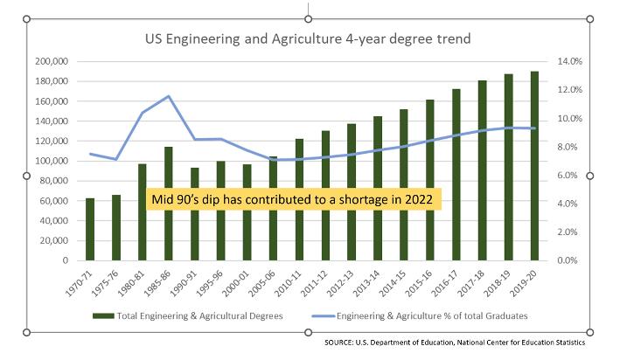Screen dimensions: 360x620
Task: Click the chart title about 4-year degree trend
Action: pos(308,39)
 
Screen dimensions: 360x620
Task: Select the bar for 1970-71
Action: pos(89,229)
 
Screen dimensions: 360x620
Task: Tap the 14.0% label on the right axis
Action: pos(569,62)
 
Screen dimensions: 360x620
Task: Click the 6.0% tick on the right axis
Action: pos(569,176)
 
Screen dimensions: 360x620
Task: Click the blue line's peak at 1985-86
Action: pos(169,96)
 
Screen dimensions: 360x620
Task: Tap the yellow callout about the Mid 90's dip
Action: pos(295,198)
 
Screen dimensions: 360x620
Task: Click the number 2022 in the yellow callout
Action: pos(419,198)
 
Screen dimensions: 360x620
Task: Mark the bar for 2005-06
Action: pos(273,209)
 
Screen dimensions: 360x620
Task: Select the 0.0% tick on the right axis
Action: pos(569,260)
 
